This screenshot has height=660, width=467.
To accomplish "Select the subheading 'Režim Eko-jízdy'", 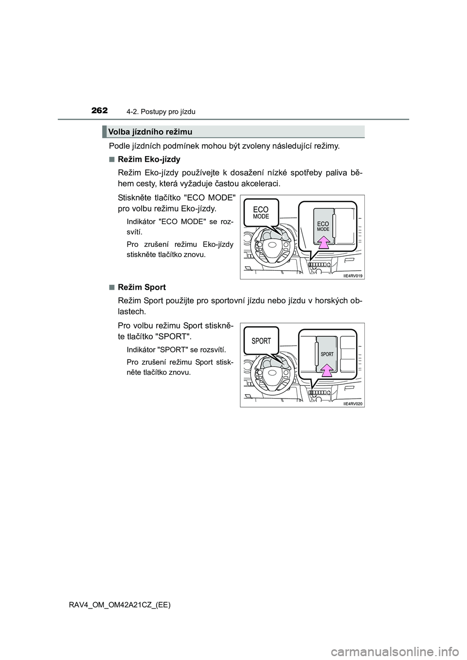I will click(149, 159).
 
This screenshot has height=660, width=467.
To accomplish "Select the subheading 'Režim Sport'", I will click(142, 287).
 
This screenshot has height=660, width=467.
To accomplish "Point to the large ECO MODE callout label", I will click(261, 213).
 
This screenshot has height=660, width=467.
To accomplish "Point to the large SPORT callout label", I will click(261, 341).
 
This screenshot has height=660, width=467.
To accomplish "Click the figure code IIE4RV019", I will click(353, 276).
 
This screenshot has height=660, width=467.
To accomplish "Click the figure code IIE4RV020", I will click(353, 403).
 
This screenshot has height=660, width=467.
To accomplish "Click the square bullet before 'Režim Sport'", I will click(111, 287).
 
